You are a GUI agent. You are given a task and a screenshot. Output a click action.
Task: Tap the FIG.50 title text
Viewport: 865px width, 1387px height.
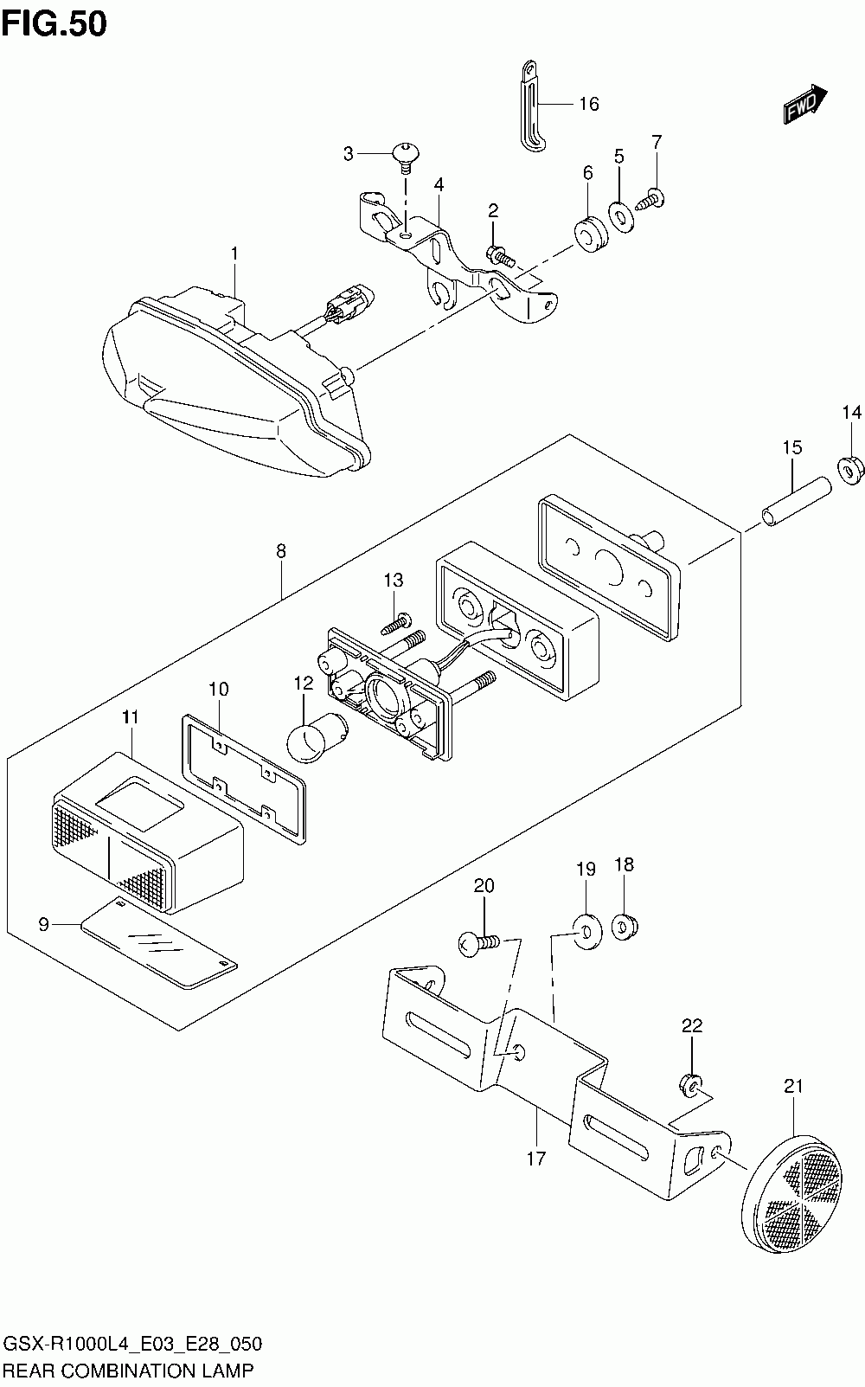click(54, 24)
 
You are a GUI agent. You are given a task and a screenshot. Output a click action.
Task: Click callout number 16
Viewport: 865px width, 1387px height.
click(589, 104)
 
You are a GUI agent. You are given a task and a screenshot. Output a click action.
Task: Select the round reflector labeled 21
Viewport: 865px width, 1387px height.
click(792, 1190)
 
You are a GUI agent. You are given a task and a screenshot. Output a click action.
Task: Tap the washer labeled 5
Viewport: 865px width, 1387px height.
click(621, 215)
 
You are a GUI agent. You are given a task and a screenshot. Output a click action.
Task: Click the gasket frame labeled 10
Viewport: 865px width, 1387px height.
click(244, 779)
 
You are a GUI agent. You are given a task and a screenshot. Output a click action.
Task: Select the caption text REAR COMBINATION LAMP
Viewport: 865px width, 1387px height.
click(129, 1371)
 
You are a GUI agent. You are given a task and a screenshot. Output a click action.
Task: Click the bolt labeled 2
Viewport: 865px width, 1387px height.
click(500, 255)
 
